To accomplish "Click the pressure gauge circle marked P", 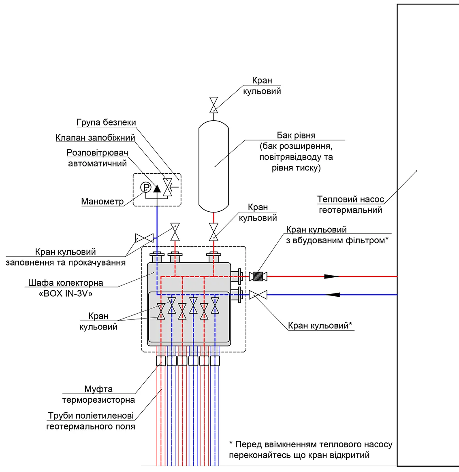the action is pos(146,187).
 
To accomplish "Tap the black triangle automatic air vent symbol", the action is pos(157,189).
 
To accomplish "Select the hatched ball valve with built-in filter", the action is pos(258,276).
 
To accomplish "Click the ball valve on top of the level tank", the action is pos(213,105).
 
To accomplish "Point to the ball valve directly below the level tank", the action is pos(213,232).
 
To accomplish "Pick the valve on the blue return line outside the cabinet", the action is pos(258,295).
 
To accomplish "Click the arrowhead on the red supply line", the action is pos(331,276).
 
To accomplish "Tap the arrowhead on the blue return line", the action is pos(333,295).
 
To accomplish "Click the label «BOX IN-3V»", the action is pos(66,293).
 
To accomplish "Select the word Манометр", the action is pos(102,201).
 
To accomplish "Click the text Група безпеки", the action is pos(106,123).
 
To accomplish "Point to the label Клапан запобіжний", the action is pos(95,138).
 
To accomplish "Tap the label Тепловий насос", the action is pos(350,199).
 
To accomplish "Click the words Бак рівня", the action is pos(296,136).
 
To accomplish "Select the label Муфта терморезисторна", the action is pos(98,394).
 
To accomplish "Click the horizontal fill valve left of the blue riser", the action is pos(144,238).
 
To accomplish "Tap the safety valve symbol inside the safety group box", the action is pos(167,187).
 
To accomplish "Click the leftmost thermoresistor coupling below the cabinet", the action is pos(161,361).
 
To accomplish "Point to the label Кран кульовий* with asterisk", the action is pos(320,325).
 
